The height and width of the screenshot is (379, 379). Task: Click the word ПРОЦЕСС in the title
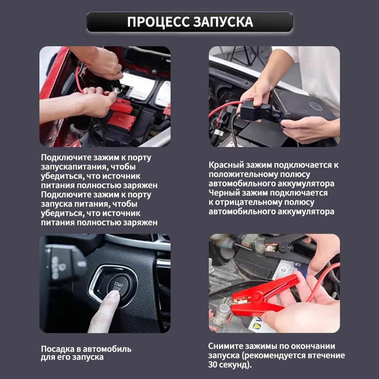(158, 22)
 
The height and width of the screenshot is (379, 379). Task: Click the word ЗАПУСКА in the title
(223, 22)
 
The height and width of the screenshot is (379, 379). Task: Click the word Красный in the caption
(226, 165)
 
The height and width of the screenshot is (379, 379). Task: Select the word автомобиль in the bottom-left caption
(107, 349)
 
